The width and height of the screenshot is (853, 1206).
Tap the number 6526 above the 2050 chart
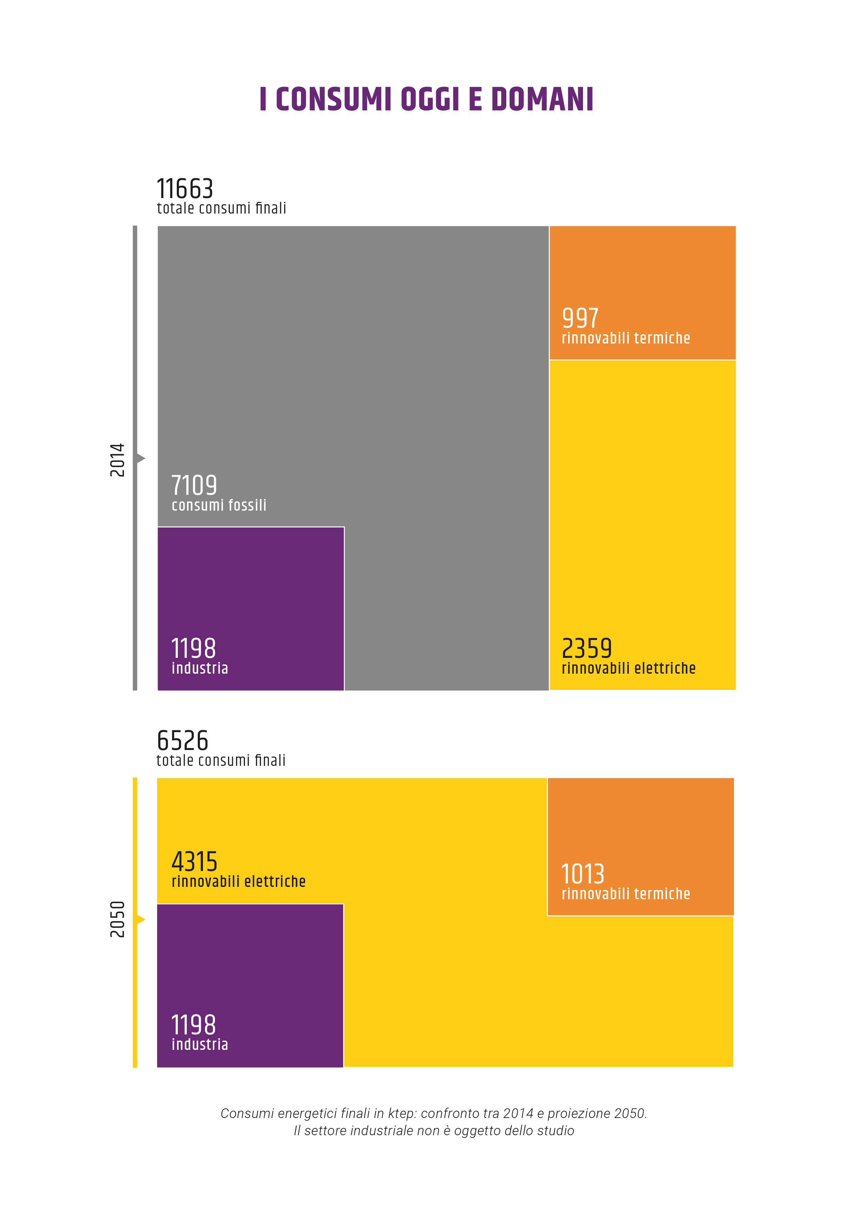pos(182,741)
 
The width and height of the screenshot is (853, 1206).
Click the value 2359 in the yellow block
pos(587,648)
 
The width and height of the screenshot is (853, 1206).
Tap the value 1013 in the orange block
pos(583,874)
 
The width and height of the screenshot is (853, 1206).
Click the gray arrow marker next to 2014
pos(141,458)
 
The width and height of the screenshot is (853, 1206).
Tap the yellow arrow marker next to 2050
pos(141,919)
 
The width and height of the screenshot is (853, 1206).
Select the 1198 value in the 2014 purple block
pos(193,648)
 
